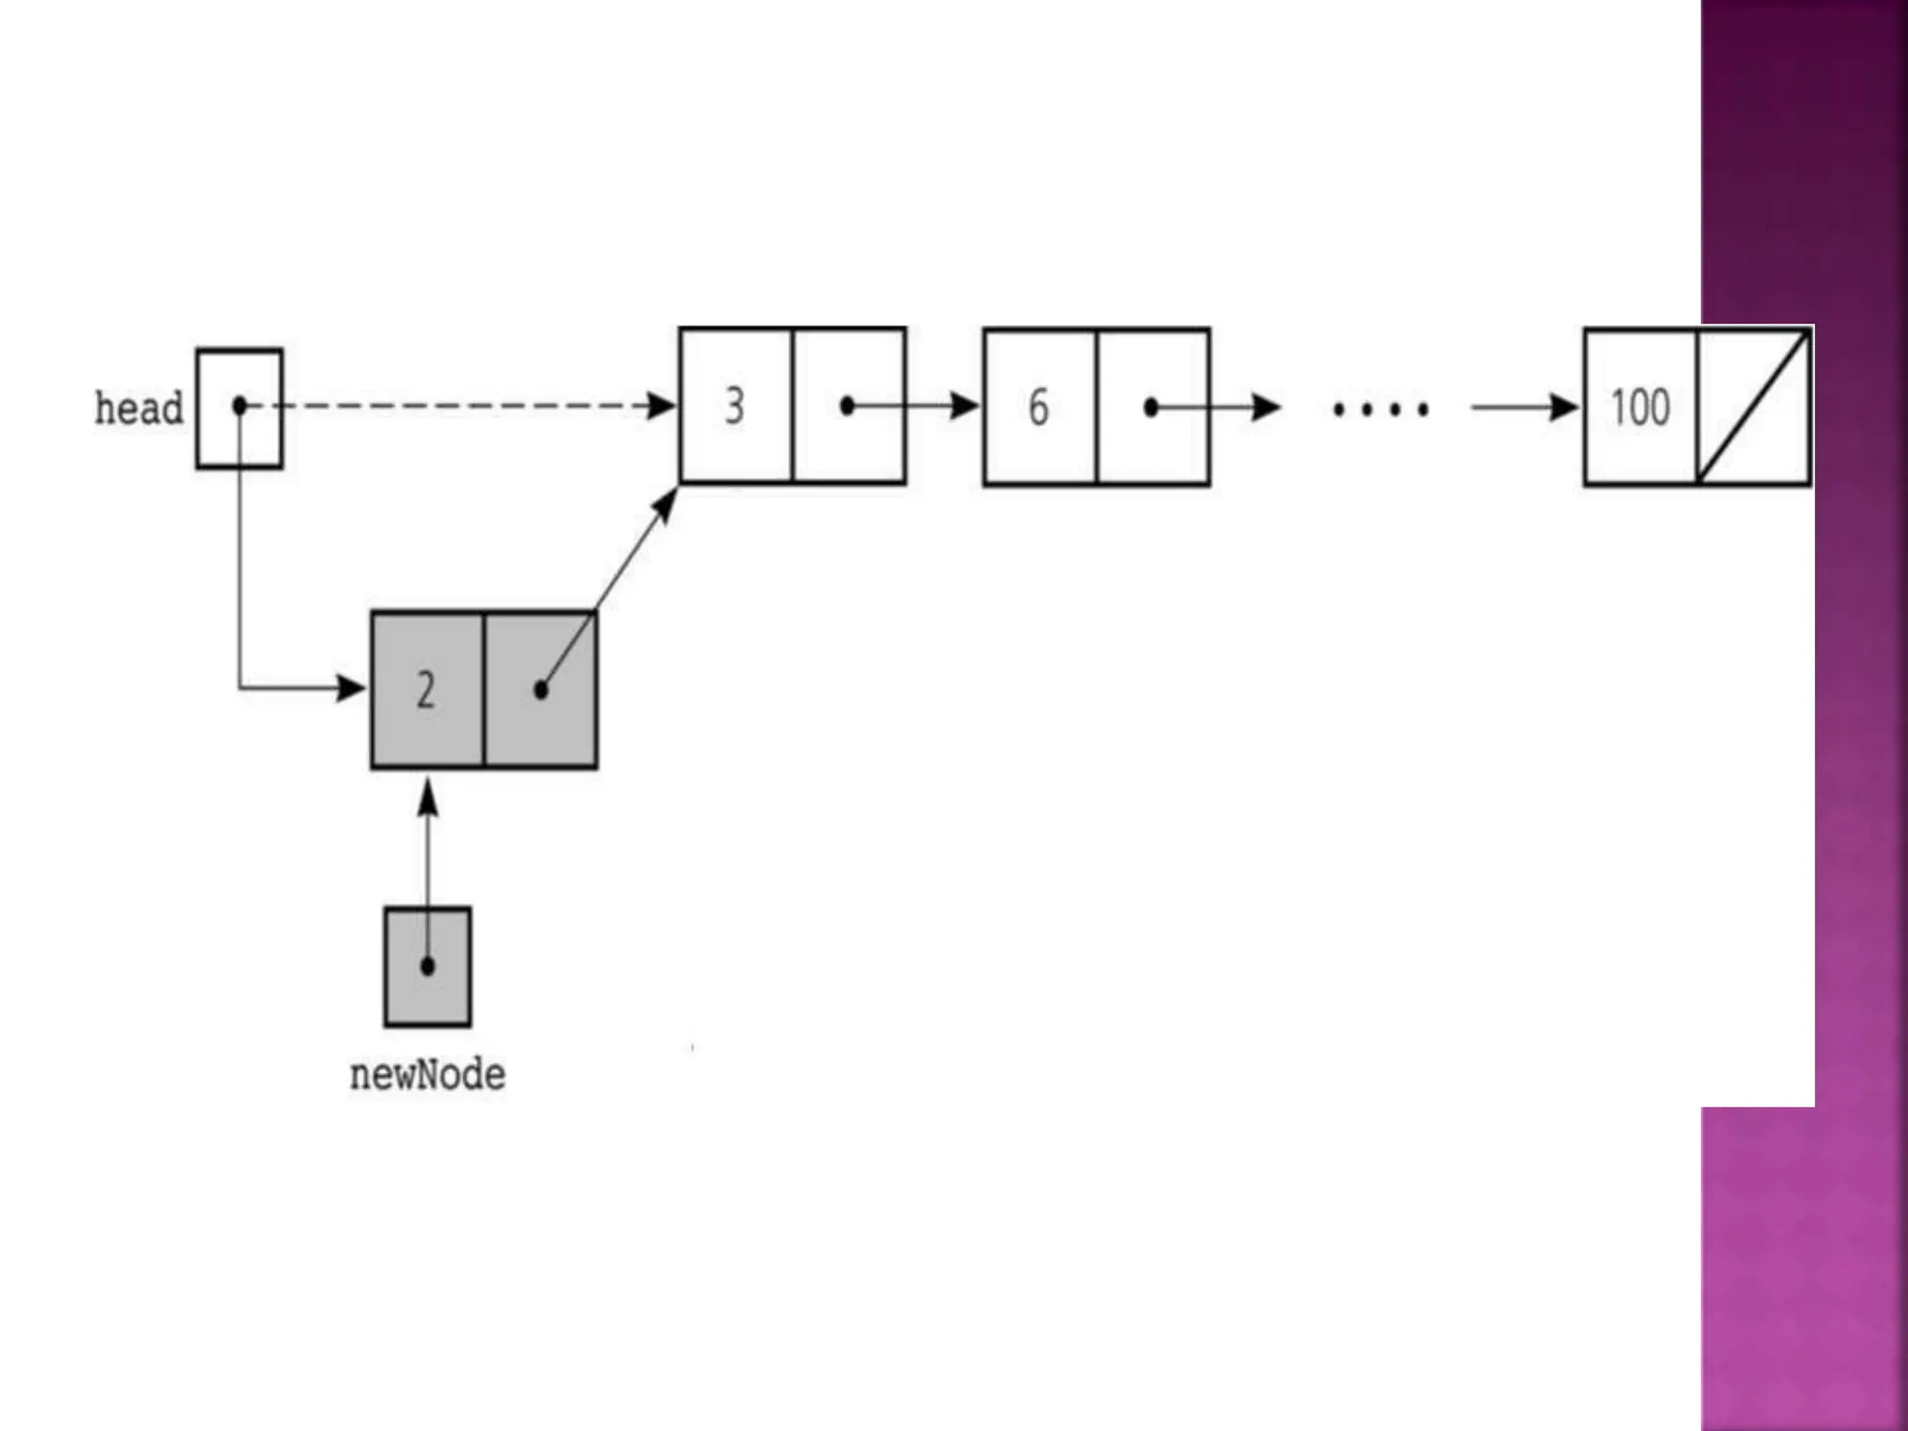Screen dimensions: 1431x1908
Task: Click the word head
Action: [139, 409]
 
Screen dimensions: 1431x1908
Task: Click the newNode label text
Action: [428, 1075]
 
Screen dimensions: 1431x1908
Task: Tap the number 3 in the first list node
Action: [735, 406]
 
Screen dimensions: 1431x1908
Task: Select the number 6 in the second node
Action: [1039, 407]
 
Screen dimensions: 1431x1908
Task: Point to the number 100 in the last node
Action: [1641, 407]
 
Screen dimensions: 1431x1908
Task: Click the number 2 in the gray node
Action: [426, 690]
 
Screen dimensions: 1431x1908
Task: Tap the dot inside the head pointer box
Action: [239, 406]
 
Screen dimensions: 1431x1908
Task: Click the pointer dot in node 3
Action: [847, 406]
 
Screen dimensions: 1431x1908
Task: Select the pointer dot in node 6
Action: [1152, 407]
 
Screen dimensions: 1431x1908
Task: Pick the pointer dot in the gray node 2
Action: [541, 690]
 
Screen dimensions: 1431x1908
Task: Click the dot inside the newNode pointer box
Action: [428, 966]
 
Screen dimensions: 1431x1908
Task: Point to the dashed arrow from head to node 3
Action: [466, 406]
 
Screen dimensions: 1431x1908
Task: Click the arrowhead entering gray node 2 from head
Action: [352, 688]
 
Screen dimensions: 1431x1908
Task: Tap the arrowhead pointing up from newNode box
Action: [428, 798]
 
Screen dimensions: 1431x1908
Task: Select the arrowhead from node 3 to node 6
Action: [965, 406]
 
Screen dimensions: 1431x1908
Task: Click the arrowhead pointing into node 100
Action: [1564, 407]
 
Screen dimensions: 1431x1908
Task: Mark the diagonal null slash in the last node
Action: [1753, 407]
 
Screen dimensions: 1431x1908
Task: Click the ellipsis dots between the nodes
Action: [1381, 409]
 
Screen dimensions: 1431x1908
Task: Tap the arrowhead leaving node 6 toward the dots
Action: [1266, 407]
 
